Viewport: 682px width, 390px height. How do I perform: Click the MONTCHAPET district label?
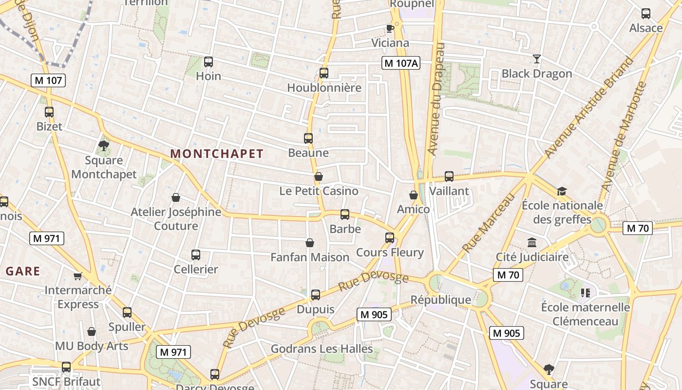click(217, 154)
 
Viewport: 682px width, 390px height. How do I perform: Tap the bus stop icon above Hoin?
click(208, 62)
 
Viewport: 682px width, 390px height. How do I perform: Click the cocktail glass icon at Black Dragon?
click(537, 59)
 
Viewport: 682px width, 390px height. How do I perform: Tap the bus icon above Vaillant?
click(449, 176)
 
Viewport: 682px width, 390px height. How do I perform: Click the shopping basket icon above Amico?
click(414, 195)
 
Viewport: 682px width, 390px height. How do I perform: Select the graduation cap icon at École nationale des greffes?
click(562, 191)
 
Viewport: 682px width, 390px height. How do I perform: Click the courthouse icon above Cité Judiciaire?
click(532, 242)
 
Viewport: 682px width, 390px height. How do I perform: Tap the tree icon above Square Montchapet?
click(103, 145)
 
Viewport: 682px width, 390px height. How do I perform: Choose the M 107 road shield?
click(48, 80)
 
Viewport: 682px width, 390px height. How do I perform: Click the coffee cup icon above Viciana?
click(390, 28)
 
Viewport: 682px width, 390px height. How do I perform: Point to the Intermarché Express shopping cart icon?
click(77, 276)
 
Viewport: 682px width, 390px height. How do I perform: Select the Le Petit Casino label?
click(319, 191)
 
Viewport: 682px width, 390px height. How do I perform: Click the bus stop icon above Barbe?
click(345, 214)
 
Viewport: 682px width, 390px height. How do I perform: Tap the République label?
click(441, 299)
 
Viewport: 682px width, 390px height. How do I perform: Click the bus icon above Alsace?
click(646, 14)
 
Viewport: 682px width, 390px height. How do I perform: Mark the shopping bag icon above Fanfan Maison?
click(310, 243)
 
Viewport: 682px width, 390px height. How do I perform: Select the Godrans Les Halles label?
click(322, 349)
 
